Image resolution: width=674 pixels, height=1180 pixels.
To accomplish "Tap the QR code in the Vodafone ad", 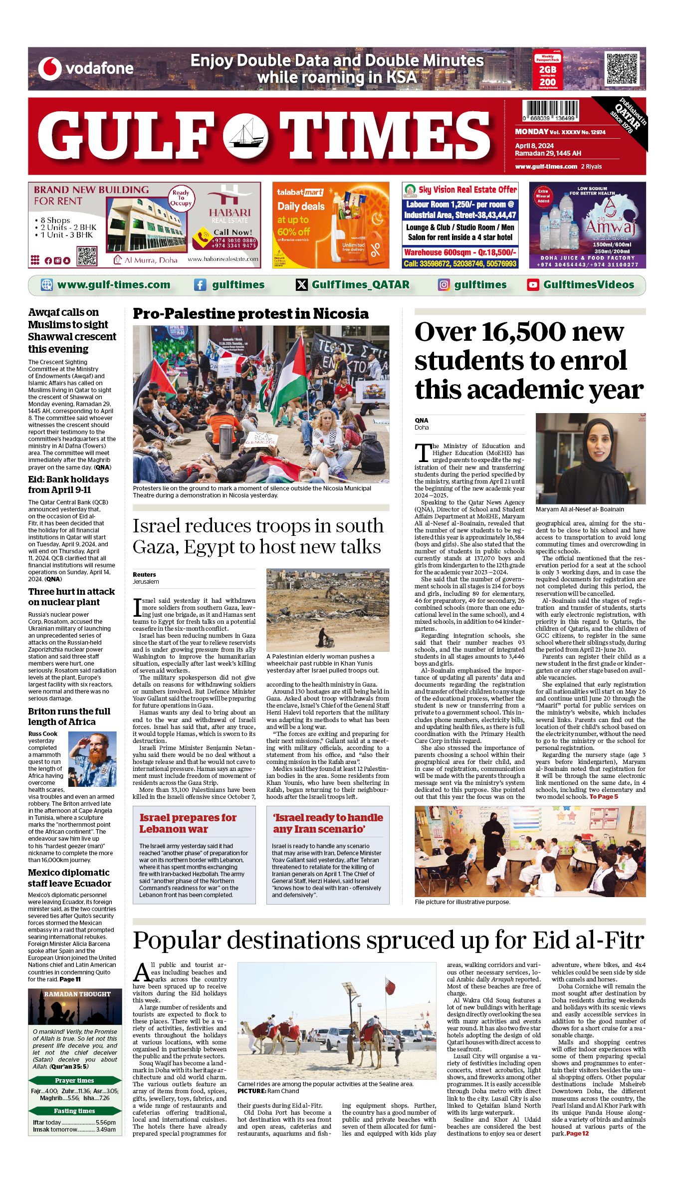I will tap(622, 68).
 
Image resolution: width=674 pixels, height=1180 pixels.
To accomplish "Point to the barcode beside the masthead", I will tap(551, 110).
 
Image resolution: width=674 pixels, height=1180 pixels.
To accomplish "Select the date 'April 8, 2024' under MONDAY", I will tap(534, 146).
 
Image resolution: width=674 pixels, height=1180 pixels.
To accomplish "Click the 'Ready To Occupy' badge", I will tap(181, 198).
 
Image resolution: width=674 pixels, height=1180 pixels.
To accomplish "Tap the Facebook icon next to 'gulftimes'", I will tap(200, 285).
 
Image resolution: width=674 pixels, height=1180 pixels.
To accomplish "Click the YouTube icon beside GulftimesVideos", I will tap(533, 285).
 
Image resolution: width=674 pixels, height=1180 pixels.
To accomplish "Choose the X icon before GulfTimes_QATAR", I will tap(302, 285).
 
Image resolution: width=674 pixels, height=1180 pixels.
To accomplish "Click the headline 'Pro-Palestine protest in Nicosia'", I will tap(250, 314).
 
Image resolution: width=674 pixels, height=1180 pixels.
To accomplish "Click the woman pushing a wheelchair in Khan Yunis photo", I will tap(323, 636).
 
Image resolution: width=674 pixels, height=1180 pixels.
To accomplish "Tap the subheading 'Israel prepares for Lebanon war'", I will tap(188, 823).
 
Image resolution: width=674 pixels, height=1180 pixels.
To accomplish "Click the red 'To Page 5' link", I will tap(604, 797).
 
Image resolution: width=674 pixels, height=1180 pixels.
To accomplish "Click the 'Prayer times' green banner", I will tap(74, 1081).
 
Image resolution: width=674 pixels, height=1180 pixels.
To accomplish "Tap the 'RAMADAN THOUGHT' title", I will tap(77, 994).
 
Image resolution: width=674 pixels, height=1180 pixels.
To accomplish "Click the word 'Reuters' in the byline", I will tap(144, 575).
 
